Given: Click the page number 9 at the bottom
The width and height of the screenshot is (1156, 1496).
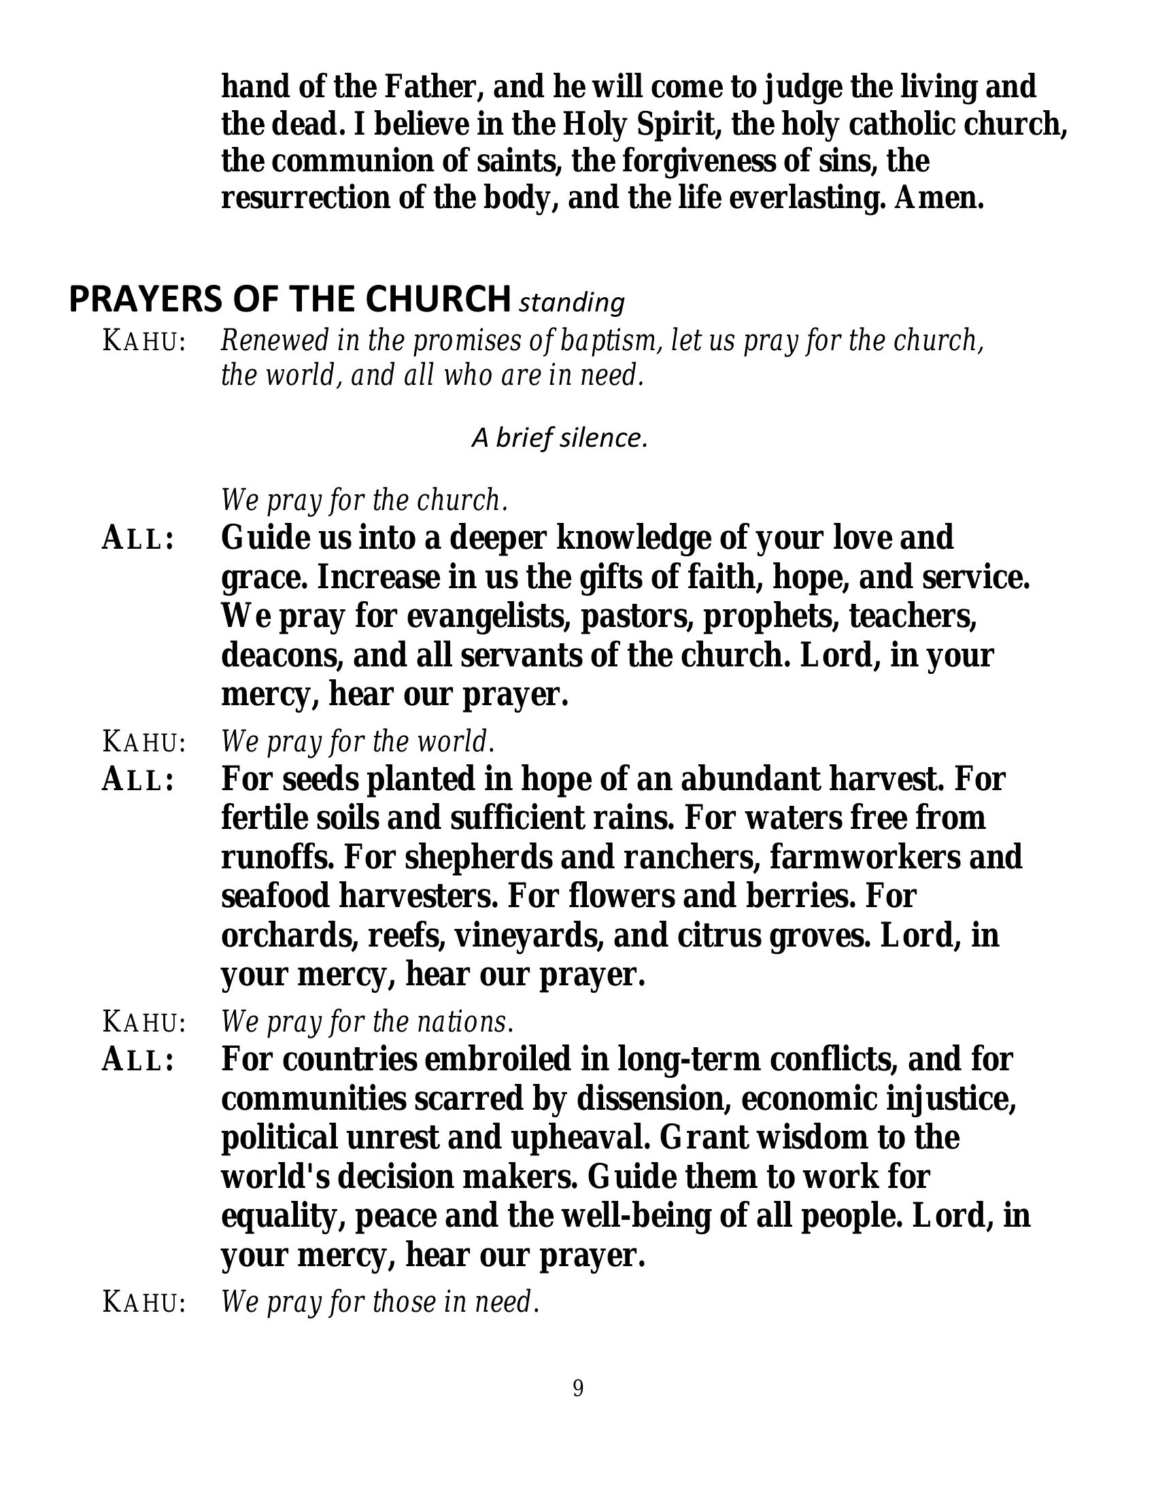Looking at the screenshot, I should [578, 1389].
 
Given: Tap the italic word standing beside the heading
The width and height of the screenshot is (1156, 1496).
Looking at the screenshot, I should [572, 302].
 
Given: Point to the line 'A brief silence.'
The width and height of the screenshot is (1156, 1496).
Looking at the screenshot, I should [560, 439].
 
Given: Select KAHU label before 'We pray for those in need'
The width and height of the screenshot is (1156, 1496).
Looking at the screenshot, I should [143, 1302].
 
